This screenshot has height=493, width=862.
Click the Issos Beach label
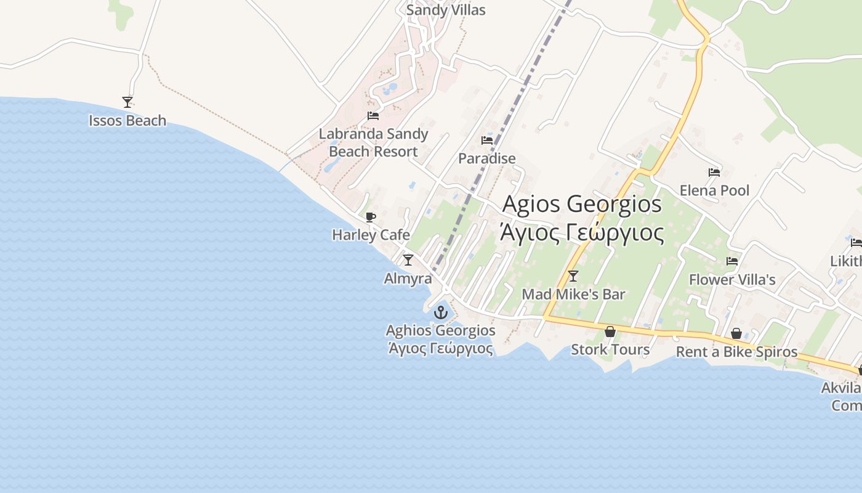click(x=127, y=120)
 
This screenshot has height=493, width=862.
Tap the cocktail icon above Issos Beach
click(x=127, y=102)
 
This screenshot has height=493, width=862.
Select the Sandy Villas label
click(x=446, y=10)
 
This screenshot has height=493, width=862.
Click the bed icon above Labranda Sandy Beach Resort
click(x=373, y=116)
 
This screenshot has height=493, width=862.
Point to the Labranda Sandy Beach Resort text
click(x=373, y=142)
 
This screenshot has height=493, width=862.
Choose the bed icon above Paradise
click(x=487, y=141)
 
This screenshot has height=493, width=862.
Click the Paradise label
click(x=487, y=158)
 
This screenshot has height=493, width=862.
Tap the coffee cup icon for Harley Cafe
click(x=371, y=217)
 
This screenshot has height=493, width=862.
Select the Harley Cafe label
click(x=371, y=235)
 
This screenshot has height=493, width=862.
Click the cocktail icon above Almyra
click(x=408, y=260)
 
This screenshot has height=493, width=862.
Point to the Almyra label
click(x=408, y=279)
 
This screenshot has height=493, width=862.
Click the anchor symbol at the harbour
click(x=440, y=312)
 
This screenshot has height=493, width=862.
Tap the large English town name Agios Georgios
click(x=582, y=204)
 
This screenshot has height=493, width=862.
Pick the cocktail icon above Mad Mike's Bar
click(x=573, y=276)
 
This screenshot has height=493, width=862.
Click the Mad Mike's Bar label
click(x=573, y=295)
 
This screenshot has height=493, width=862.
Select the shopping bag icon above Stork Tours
click(x=610, y=332)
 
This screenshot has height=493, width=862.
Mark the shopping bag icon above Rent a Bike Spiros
click(x=736, y=334)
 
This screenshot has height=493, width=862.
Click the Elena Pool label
click(x=714, y=190)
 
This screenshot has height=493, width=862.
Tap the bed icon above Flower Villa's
click(x=732, y=261)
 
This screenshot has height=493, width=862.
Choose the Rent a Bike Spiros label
click(x=736, y=352)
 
